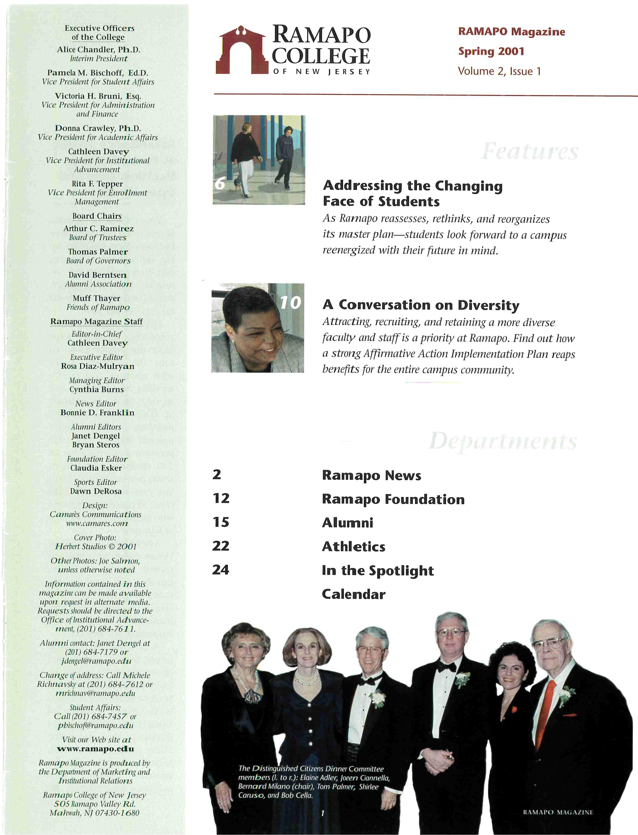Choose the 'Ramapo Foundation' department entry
pos(393,499)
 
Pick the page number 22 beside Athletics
pos(221,546)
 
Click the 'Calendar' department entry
pos(354,594)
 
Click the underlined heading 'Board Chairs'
pos(97,216)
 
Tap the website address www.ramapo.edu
pos(95,749)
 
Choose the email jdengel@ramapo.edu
pos(96,661)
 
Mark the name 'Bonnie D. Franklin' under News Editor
pos(97,413)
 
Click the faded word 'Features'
pos(529,151)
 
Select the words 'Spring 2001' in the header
pos(491,51)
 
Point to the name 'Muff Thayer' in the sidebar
pos(96,298)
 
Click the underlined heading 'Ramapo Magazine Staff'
pos(96,321)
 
